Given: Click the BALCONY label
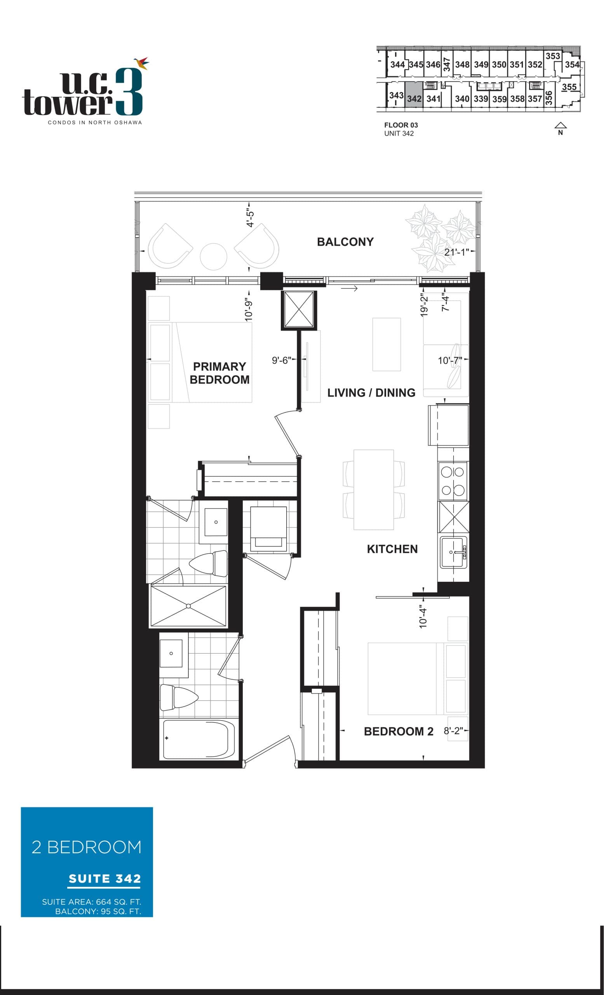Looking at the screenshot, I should pos(345,242).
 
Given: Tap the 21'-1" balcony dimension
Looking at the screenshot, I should pos(456,252).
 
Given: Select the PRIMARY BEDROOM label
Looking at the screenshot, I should pos(219,373).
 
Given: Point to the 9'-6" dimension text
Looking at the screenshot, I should pos(281,360).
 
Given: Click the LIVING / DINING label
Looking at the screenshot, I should pos(371,393).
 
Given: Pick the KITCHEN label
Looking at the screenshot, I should pos(392,549).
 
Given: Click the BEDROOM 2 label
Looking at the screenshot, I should pos(398,731).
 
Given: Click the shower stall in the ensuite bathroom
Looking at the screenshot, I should pos(188,606).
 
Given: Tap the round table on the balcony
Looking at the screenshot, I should pos(213,257).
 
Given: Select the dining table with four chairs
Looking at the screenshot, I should pos(374,489).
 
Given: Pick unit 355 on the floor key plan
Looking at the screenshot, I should pos(569,87).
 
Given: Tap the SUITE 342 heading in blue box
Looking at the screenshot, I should pos(104,879).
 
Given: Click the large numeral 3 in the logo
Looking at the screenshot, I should pos(129,92).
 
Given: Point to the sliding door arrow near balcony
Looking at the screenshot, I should pos(349,288).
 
